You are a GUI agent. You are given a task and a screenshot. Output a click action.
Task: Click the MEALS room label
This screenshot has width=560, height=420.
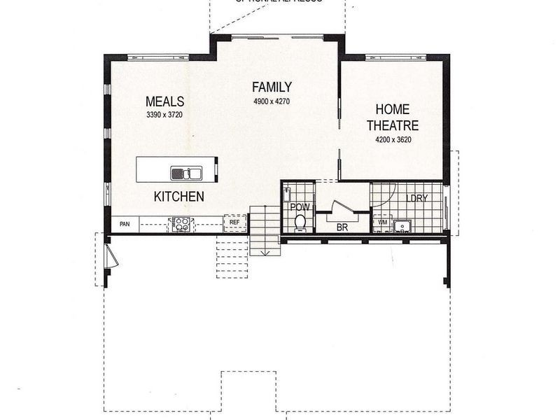(x=164, y=101)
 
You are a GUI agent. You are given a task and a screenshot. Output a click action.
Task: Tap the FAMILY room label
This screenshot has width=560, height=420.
(x=272, y=87)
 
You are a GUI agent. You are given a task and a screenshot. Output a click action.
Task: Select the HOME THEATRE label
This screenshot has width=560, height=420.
(x=397, y=118)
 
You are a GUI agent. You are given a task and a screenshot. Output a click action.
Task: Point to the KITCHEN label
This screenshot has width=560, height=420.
(x=178, y=197)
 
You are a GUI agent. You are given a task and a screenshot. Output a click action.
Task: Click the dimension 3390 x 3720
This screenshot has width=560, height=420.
(x=164, y=115)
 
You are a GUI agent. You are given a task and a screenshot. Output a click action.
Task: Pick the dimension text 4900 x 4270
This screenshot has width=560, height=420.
(x=272, y=101)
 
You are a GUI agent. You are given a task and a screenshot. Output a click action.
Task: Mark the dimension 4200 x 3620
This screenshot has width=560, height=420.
(x=397, y=139)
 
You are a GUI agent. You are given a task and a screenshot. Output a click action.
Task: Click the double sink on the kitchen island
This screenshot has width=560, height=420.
(x=186, y=174)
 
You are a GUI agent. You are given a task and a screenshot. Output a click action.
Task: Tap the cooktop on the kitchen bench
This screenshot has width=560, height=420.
(x=181, y=224)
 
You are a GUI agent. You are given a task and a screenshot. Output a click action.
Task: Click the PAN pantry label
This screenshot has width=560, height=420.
(x=125, y=225)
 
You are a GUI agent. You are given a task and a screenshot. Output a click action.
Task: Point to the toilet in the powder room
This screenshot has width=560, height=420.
(x=300, y=222)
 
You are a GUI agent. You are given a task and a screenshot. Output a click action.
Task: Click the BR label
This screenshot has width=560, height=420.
(x=342, y=227)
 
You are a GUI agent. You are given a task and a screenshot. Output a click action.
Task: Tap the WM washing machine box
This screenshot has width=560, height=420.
(x=382, y=223)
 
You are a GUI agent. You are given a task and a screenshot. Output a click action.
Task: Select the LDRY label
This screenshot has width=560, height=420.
(x=416, y=198)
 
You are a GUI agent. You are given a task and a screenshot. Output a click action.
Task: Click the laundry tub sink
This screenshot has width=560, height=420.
(x=402, y=225)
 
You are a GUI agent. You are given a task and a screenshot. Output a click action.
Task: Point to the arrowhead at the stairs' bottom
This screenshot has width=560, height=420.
(x=266, y=251)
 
